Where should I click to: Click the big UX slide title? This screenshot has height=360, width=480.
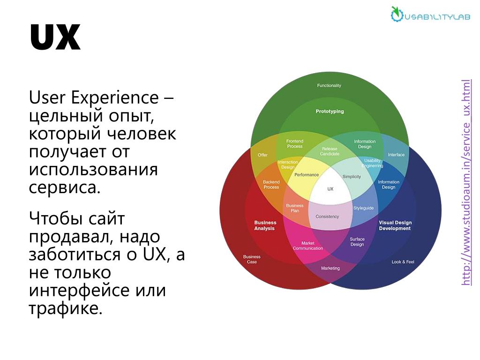coord(55,37)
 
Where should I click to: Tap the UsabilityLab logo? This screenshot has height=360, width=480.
coord(430,15)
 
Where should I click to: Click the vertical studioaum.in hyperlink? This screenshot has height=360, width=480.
coord(466,182)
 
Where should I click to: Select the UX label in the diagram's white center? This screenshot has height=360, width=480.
coord(330,189)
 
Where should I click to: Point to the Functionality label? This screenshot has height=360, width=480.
coord(329,85)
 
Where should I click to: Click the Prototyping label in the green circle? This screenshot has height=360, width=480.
coord(330,112)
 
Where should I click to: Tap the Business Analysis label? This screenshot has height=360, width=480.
coord(265,225)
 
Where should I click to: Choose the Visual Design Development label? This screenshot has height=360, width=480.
coord(395,225)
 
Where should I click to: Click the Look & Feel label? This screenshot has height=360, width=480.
coord(403,262)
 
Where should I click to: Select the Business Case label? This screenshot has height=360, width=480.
coord(252,259)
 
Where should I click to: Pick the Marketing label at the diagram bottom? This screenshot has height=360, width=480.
coord(330,268)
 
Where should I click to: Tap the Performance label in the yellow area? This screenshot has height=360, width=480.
coord(307,175)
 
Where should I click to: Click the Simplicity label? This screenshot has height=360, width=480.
coord(352,177)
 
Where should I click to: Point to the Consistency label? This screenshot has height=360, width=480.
coord(327,217)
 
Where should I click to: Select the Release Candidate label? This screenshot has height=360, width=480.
coord(330,151)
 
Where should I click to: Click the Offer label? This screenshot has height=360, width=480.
coord(262,155)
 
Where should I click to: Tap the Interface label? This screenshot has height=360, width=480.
coord(396,155)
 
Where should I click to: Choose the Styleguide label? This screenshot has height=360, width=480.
coord(363,208)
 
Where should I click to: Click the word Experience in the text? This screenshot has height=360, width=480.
coord(115,98)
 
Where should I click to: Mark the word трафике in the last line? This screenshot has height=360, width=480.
coord(66,308)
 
